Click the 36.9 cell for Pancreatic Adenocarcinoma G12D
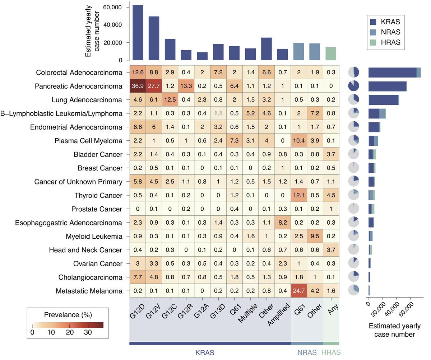[x=137, y=87]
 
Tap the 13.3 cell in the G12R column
[x=186, y=87]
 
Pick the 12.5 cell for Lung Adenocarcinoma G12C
[x=170, y=100]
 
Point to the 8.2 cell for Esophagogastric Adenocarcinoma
[x=283, y=223]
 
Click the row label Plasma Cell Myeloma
[x=93, y=141]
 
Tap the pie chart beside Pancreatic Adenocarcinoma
[x=353, y=87]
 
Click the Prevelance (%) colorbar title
[x=68, y=315]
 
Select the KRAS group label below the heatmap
[x=205, y=352]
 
